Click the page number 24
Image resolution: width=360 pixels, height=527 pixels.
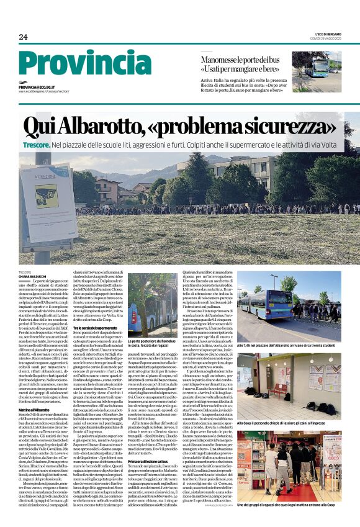pos(23,37)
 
